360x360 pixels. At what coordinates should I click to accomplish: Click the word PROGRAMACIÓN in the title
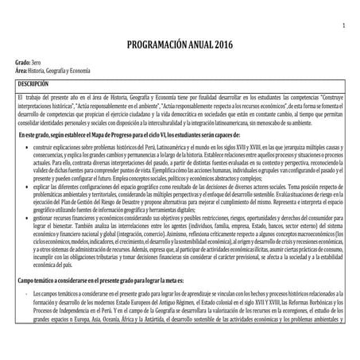coord(155,45)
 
